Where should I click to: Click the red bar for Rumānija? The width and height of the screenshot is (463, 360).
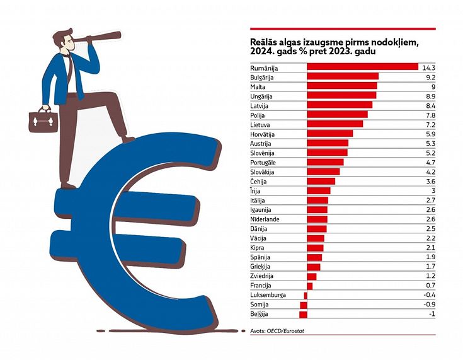click(x=362, y=67)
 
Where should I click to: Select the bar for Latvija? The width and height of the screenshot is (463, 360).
click(x=339, y=105)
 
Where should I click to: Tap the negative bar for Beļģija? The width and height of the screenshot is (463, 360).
click(x=303, y=314)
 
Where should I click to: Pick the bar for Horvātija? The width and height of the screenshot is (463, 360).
click(x=329, y=134)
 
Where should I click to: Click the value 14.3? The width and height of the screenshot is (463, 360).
click(x=429, y=67)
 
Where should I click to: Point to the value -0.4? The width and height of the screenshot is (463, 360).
click(x=429, y=295)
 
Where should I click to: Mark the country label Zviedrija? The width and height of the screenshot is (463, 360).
click(x=263, y=276)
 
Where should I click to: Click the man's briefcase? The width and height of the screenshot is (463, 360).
click(x=43, y=120)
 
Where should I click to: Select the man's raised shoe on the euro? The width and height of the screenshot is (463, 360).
click(x=127, y=139)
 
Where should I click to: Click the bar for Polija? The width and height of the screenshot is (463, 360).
click(x=336, y=115)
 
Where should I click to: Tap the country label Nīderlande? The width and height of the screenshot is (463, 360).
click(x=265, y=219)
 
